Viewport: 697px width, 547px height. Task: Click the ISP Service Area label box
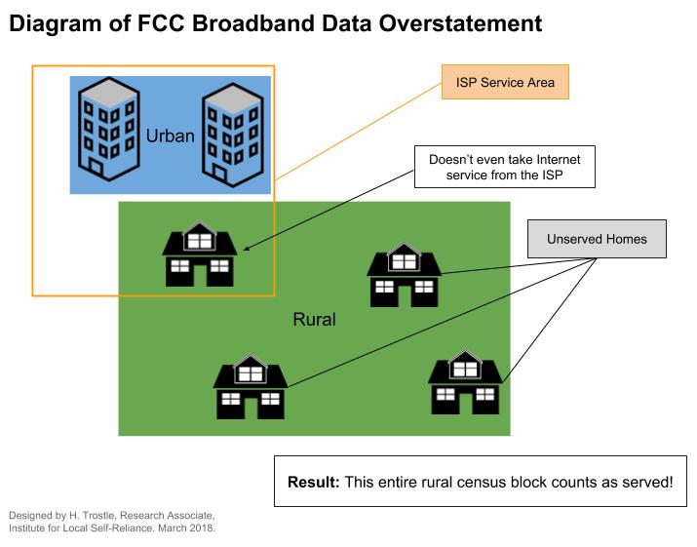(504, 82)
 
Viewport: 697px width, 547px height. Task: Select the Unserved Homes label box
(598, 237)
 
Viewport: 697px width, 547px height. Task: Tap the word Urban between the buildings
(171, 136)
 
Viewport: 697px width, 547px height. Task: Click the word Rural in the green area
(314, 319)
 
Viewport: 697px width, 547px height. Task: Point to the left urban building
(106, 128)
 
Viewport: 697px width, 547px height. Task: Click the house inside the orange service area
(198, 255)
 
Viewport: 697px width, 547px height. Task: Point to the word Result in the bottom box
(311, 482)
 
